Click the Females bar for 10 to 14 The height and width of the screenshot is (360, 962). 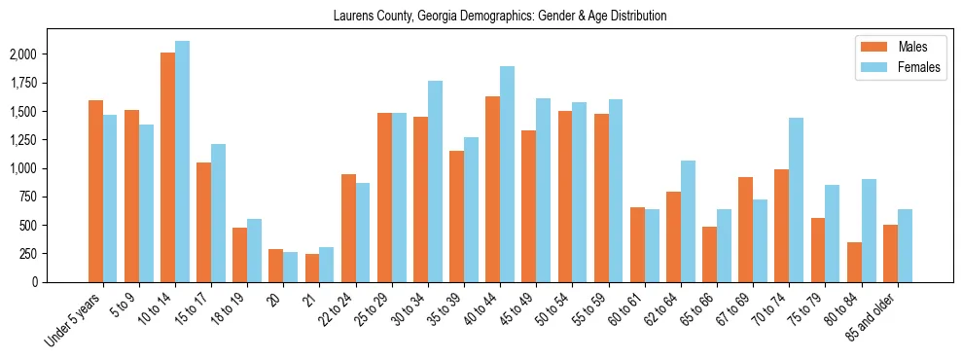(183, 162)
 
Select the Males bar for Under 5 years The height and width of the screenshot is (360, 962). (95, 191)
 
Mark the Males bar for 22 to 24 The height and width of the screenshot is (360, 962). (348, 228)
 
